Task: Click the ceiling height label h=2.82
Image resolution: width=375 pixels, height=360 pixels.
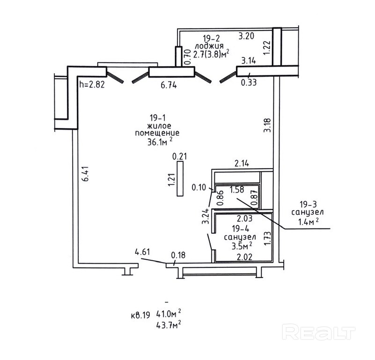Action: coord(92,84)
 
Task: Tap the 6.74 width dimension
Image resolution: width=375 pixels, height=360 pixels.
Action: coord(169,85)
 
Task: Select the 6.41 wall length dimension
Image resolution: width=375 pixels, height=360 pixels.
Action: coord(86,174)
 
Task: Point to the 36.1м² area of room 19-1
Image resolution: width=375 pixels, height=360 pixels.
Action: coord(160,141)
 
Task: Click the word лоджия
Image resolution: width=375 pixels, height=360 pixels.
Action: coord(209,46)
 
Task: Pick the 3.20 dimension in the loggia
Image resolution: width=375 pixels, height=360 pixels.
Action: coord(246,36)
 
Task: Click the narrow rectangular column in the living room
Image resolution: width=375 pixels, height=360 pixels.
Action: coord(180,179)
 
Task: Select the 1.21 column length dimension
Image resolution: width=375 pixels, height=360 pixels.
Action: coord(172,179)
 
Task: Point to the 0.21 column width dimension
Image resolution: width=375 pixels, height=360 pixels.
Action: coord(180,156)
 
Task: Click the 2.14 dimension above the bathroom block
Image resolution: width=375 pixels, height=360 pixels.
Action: coord(242,163)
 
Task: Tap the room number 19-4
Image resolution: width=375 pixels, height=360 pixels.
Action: coord(240,228)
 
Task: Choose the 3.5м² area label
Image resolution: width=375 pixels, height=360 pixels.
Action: coord(242,246)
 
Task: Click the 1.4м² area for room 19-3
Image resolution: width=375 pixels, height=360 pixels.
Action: coord(308,222)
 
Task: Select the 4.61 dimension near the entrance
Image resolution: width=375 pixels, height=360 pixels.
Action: coord(142,252)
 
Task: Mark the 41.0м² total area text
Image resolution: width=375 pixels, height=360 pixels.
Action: coord(169,313)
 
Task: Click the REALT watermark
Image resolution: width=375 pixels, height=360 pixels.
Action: coord(319,332)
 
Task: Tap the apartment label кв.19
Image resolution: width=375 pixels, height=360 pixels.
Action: coord(140,316)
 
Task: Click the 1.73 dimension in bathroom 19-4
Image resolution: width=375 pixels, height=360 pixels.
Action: coord(267,238)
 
